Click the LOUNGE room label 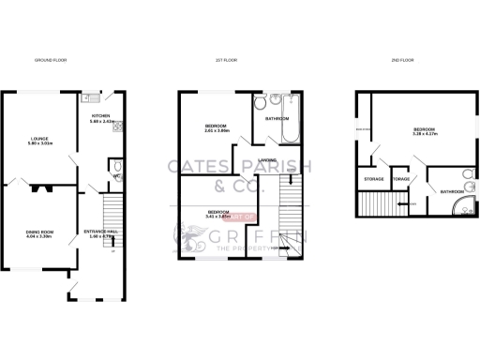(x=38, y=140)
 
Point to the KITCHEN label (x=100, y=117)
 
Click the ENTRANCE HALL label (x=100, y=232)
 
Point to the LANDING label (x=265, y=160)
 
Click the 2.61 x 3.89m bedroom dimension (x=218, y=131)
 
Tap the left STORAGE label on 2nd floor (x=373, y=179)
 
